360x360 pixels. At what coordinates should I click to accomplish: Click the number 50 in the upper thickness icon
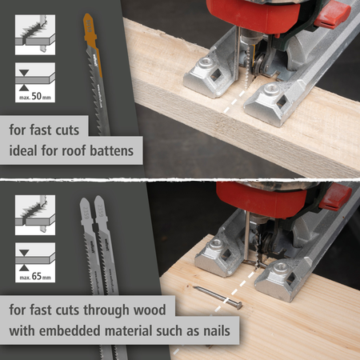point(37,96)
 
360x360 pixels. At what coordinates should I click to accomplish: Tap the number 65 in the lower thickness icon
point(37,276)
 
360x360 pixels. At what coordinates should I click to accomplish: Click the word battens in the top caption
point(111,150)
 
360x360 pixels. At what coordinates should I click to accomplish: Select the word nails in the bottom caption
point(217,330)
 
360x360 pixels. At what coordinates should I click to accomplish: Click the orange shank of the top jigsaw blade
point(91,38)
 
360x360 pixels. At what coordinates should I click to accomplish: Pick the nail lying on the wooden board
point(218,298)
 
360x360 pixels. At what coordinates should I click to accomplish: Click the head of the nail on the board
point(238,305)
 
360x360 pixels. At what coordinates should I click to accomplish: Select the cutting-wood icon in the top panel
point(35,35)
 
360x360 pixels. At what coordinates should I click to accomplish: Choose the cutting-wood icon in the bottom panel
point(35,215)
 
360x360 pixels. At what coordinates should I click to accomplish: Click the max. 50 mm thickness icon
point(35,82)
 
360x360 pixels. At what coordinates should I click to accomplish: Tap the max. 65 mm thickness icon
point(35,262)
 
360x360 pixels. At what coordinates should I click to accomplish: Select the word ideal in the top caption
point(23,150)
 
